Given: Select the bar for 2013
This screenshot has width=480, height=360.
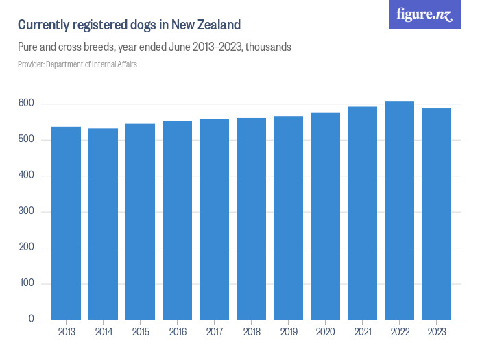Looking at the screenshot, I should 67,223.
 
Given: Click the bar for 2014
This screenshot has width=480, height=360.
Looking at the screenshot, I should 104,224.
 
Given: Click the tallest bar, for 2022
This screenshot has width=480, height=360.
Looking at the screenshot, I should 400,211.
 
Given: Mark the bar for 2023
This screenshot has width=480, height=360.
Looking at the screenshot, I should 437,214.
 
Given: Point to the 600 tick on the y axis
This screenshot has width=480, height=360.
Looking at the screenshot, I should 27,104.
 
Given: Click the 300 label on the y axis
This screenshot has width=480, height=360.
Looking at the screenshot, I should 27,211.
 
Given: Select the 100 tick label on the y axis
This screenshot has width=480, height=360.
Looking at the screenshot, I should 27,283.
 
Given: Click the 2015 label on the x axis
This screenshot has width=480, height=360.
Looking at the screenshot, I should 141,332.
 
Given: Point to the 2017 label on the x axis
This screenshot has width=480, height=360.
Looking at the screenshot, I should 215,332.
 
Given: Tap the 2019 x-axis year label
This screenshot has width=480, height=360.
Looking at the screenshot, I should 289,332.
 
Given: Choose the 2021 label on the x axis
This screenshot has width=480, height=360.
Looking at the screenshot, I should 363,332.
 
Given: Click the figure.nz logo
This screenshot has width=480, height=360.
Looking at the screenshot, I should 424,14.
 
